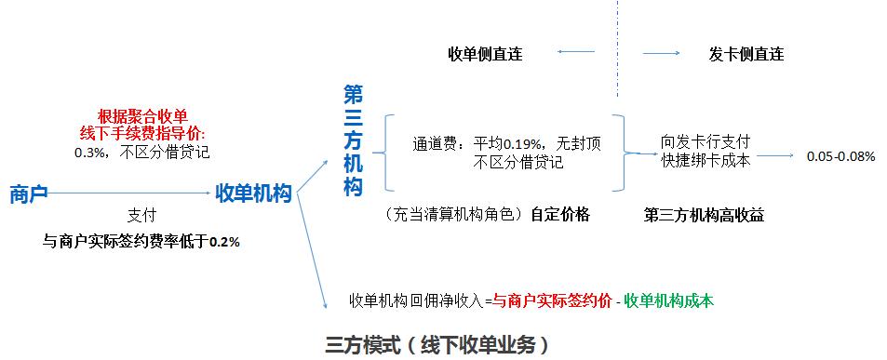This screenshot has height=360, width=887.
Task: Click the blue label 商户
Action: (x=28, y=193)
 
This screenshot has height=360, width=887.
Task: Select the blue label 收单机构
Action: (x=253, y=193)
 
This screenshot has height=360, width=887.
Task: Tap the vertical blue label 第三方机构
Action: (x=353, y=140)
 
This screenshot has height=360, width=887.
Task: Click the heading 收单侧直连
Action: (x=485, y=54)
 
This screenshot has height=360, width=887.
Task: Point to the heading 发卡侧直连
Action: (x=746, y=54)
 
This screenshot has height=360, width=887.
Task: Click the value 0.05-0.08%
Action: (x=840, y=156)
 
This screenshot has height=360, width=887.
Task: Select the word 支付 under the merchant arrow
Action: (x=141, y=215)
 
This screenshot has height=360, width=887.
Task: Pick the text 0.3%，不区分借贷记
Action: (x=141, y=151)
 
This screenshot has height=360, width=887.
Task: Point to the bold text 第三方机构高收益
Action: (x=704, y=214)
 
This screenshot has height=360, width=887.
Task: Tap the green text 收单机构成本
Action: (x=669, y=300)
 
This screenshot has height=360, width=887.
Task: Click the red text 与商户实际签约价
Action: (x=551, y=300)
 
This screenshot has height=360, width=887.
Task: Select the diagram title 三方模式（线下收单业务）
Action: (x=437, y=345)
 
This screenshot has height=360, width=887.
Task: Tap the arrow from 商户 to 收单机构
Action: (x=129, y=193)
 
